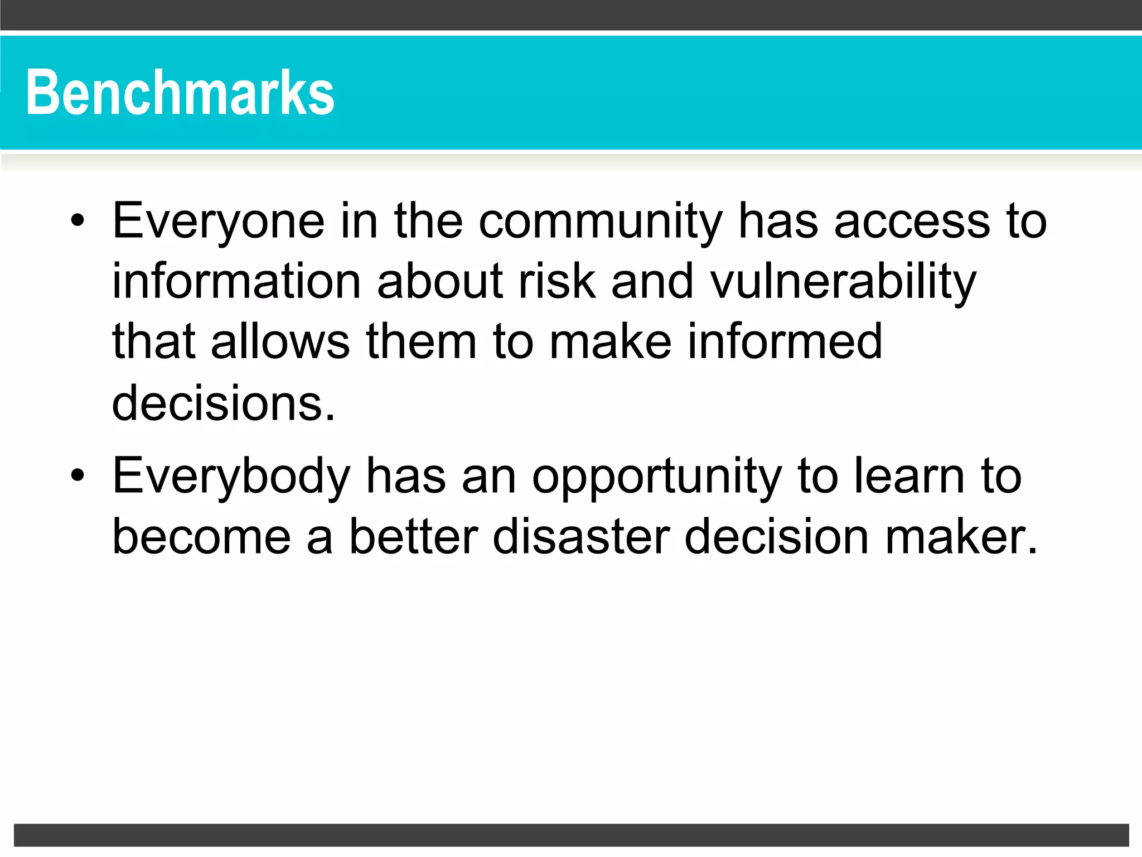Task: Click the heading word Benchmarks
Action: pyautogui.click(x=180, y=93)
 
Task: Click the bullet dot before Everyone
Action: pyautogui.click(x=78, y=222)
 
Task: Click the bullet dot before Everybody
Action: pyautogui.click(x=78, y=476)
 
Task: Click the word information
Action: pyautogui.click(x=236, y=281)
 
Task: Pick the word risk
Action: pyautogui.click(x=557, y=281)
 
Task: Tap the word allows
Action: pyautogui.click(x=280, y=341)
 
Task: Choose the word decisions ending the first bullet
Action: pyautogui.click(x=223, y=403)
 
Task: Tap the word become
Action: pyautogui.click(x=201, y=537)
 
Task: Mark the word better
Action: pyautogui.click(x=413, y=537)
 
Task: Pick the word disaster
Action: pyautogui.click(x=580, y=537)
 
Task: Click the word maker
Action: pyautogui.click(x=961, y=537)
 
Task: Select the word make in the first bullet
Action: pyautogui.click(x=610, y=341)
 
